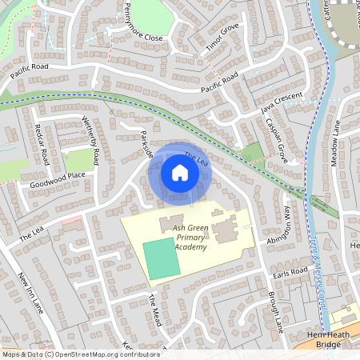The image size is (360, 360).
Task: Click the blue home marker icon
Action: [180, 173]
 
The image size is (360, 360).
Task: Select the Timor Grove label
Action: [222, 38]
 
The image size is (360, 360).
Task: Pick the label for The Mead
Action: [155, 306]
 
